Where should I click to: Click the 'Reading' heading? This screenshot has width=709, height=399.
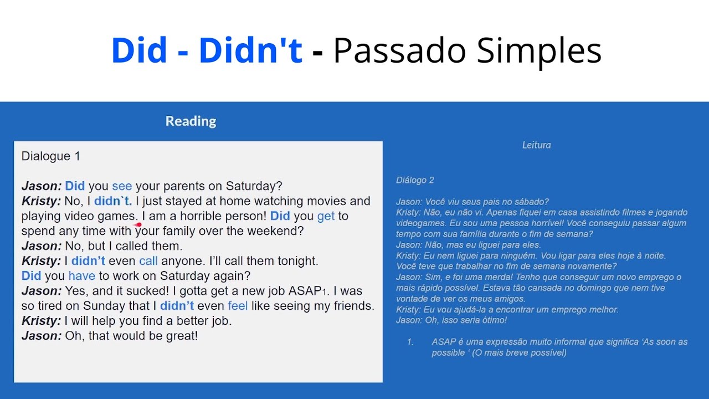click(x=191, y=121)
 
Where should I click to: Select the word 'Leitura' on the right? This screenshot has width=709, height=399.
click(x=536, y=145)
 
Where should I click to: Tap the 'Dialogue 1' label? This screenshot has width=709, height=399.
click(x=50, y=156)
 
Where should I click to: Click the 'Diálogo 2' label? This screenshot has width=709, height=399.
click(x=415, y=180)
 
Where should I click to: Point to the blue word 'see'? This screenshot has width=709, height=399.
click(x=122, y=186)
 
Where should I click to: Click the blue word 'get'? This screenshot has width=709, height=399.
click(x=326, y=216)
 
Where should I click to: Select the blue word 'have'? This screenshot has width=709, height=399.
click(x=81, y=276)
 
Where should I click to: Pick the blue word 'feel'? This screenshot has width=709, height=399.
click(x=238, y=306)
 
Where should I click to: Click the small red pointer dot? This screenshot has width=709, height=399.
click(x=138, y=224)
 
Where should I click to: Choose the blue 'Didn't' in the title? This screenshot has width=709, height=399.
click(x=250, y=51)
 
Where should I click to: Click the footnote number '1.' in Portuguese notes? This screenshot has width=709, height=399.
click(x=410, y=342)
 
